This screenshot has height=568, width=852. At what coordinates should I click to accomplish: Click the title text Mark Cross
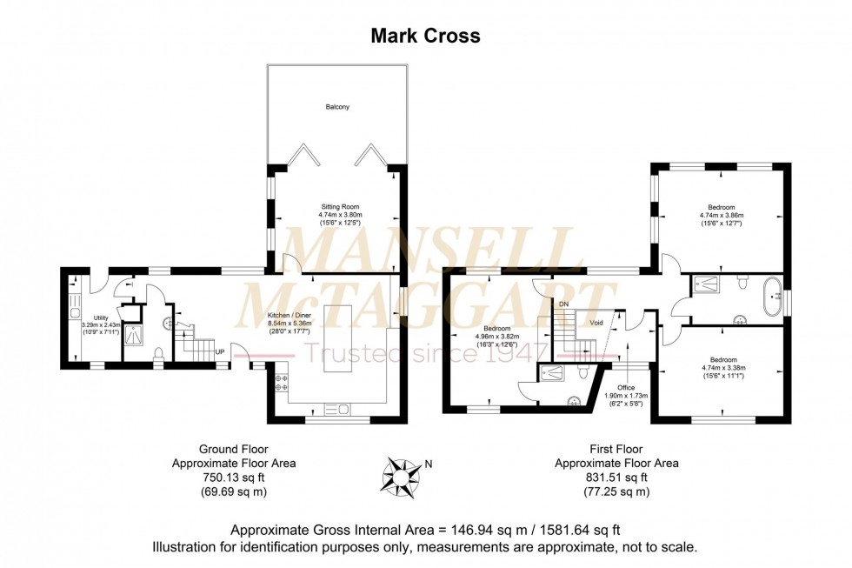tap(425, 36)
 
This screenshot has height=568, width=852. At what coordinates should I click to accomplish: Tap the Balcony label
tap(337, 107)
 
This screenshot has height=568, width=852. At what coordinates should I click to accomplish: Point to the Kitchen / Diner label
tap(267, 314)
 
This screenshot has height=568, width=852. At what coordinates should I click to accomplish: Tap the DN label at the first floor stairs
tap(563, 304)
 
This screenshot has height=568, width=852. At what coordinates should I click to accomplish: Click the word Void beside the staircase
tap(596, 322)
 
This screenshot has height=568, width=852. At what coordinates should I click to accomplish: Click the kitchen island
tap(338, 337)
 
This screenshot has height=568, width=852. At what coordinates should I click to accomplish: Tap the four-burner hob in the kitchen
tap(282, 384)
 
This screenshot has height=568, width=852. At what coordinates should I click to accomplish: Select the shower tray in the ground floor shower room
tap(134, 332)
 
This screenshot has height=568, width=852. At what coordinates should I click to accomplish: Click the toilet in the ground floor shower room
tap(156, 353)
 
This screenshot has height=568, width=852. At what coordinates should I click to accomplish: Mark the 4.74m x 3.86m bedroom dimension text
tap(722, 216)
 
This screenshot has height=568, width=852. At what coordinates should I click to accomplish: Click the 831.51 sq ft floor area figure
tap(616, 478)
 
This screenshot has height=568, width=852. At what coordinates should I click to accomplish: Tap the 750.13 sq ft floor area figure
tap(234, 478)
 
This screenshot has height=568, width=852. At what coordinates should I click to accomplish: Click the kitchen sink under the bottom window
tap(336, 409)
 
